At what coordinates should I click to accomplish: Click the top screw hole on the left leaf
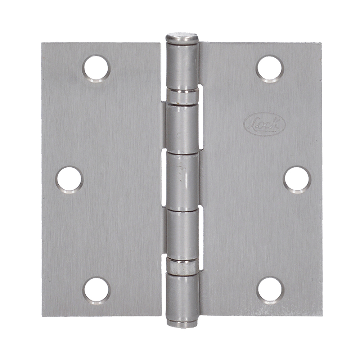(x=96, y=68)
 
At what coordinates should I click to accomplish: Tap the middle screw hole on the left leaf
(x=69, y=179)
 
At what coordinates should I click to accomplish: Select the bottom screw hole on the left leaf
(x=96, y=290)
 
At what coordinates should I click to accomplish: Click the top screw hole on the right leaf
(x=270, y=68)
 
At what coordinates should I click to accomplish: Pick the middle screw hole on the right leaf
(x=297, y=179)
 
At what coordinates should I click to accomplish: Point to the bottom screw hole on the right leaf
(x=270, y=290)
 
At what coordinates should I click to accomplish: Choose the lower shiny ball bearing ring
(x=182, y=265)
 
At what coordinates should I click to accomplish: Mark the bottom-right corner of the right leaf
(x=321, y=315)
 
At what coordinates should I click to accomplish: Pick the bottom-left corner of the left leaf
(x=43, y=315)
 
